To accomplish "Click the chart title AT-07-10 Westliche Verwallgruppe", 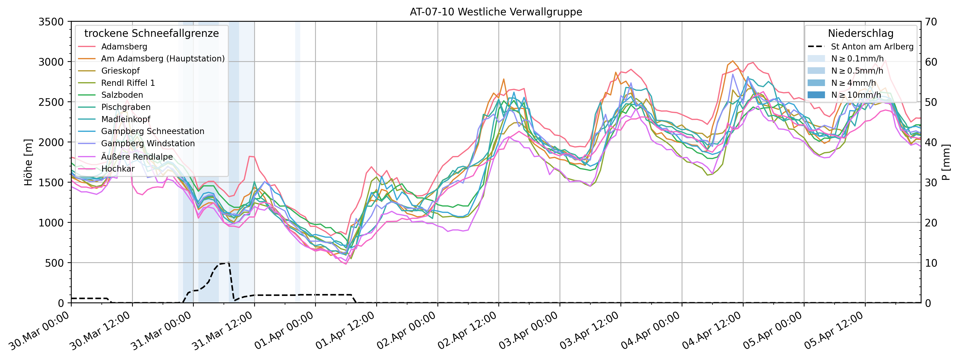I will tap(496, 12).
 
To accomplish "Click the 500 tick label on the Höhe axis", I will tap(55, 263).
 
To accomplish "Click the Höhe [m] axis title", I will tap(28, 162).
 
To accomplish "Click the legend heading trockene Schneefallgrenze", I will tap(152, 33).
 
